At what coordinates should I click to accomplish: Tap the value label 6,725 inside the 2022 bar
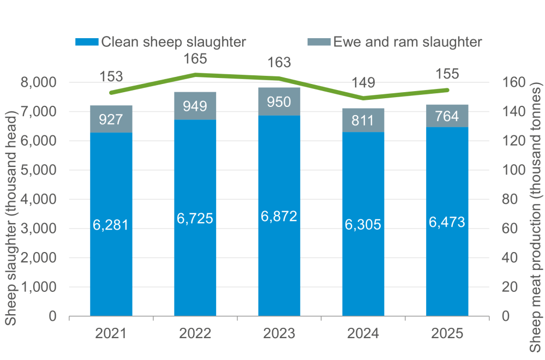pos(195,218)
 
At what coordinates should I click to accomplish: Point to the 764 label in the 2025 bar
pos(447,116)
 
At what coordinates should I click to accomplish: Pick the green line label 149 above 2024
pos(363,83)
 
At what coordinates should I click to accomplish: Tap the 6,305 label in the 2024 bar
pos(363,224)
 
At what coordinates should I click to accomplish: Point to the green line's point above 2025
pos(447,90)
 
